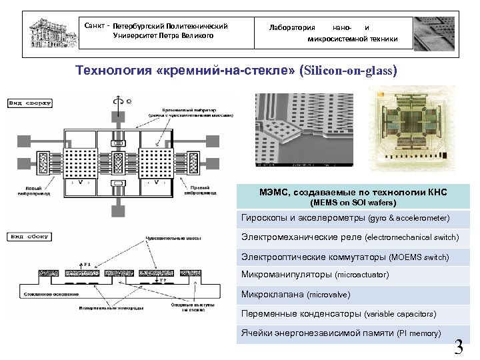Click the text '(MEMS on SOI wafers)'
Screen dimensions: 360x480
tap(353, 202)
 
